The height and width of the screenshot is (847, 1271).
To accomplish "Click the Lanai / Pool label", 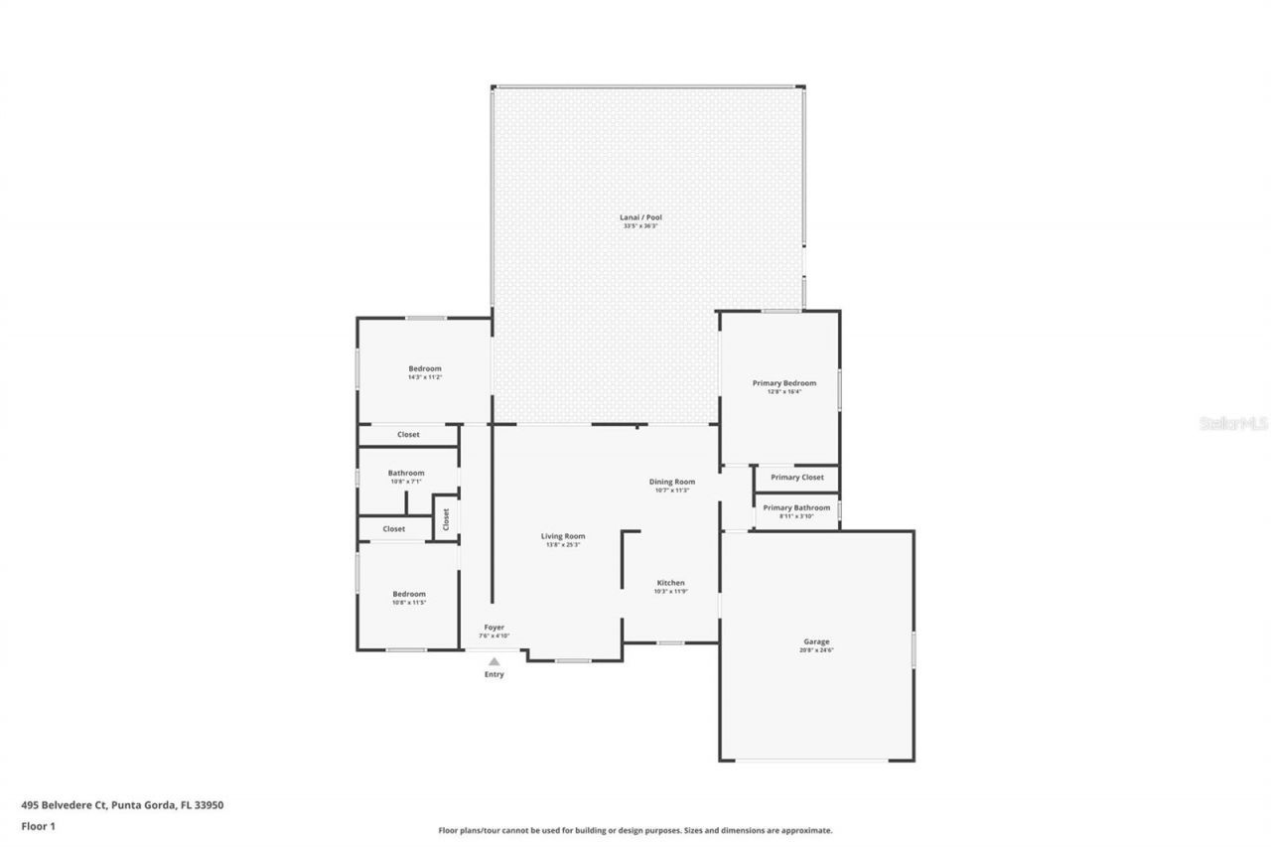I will [x=641, y=217].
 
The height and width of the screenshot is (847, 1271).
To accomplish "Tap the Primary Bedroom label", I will [x=783, y=383].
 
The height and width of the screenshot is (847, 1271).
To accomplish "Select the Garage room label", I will [x=816, y=641].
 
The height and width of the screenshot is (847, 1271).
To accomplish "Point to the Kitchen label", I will [x=670, y=583].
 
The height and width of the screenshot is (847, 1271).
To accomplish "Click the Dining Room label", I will [x=671, y=482].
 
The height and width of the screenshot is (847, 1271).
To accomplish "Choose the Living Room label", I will [x=562, y=536].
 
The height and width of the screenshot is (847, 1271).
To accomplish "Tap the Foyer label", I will [x=494, y=628].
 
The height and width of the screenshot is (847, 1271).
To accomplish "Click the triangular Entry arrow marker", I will [x=494, y=661].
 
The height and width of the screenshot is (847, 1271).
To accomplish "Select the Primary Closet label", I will [x=797, y=478].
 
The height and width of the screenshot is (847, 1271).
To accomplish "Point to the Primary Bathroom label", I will [x=796, y=507].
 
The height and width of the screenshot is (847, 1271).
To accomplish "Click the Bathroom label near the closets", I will [x=405, y=474].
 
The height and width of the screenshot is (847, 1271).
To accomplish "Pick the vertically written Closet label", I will [x=446, y=517].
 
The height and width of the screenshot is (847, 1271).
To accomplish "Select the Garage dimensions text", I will [x=816, y=650].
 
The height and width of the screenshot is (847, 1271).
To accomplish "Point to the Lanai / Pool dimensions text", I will [x=641, y=226].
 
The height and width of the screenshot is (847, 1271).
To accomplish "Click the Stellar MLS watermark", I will [x=1233, y=423].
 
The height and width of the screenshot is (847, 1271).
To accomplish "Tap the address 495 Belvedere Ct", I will [x=122, y=805].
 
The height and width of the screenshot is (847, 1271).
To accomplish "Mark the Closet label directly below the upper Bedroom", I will [x=408, y=435].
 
